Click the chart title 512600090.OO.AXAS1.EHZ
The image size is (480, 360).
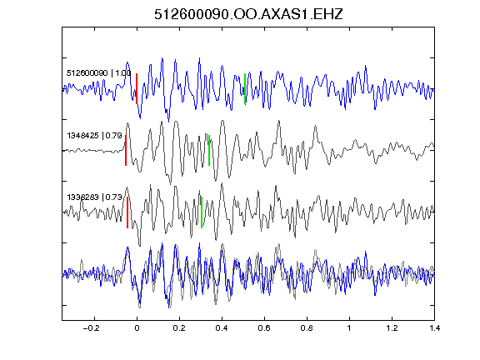tap(248, 14)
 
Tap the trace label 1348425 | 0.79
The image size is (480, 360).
tap(94, 135)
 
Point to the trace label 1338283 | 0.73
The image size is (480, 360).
tap(94, 197)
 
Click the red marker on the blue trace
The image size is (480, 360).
tap(137, 89)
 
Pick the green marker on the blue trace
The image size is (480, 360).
tap(245, 89)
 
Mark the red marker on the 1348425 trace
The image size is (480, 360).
tap(126, 150)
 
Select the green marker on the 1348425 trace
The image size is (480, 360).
tap(209, 150)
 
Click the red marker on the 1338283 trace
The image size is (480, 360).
tap(127, 212)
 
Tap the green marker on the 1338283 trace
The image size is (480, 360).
tap(202, 212)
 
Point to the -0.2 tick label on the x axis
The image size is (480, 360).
tap(91, 328)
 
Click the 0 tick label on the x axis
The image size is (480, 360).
tap(137, 328)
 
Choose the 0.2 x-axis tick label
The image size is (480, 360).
tap(179, 328)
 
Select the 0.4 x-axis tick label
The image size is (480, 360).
tap(222, 328)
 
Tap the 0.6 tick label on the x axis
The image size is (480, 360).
tap(264, 328)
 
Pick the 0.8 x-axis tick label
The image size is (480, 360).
tap(307, 328)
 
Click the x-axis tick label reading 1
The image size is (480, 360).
tap(349, 328)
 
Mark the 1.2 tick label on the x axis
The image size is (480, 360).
tap(392, 328)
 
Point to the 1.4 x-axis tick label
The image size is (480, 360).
tap(434, 328)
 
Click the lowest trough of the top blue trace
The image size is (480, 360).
tap(168, 122)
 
